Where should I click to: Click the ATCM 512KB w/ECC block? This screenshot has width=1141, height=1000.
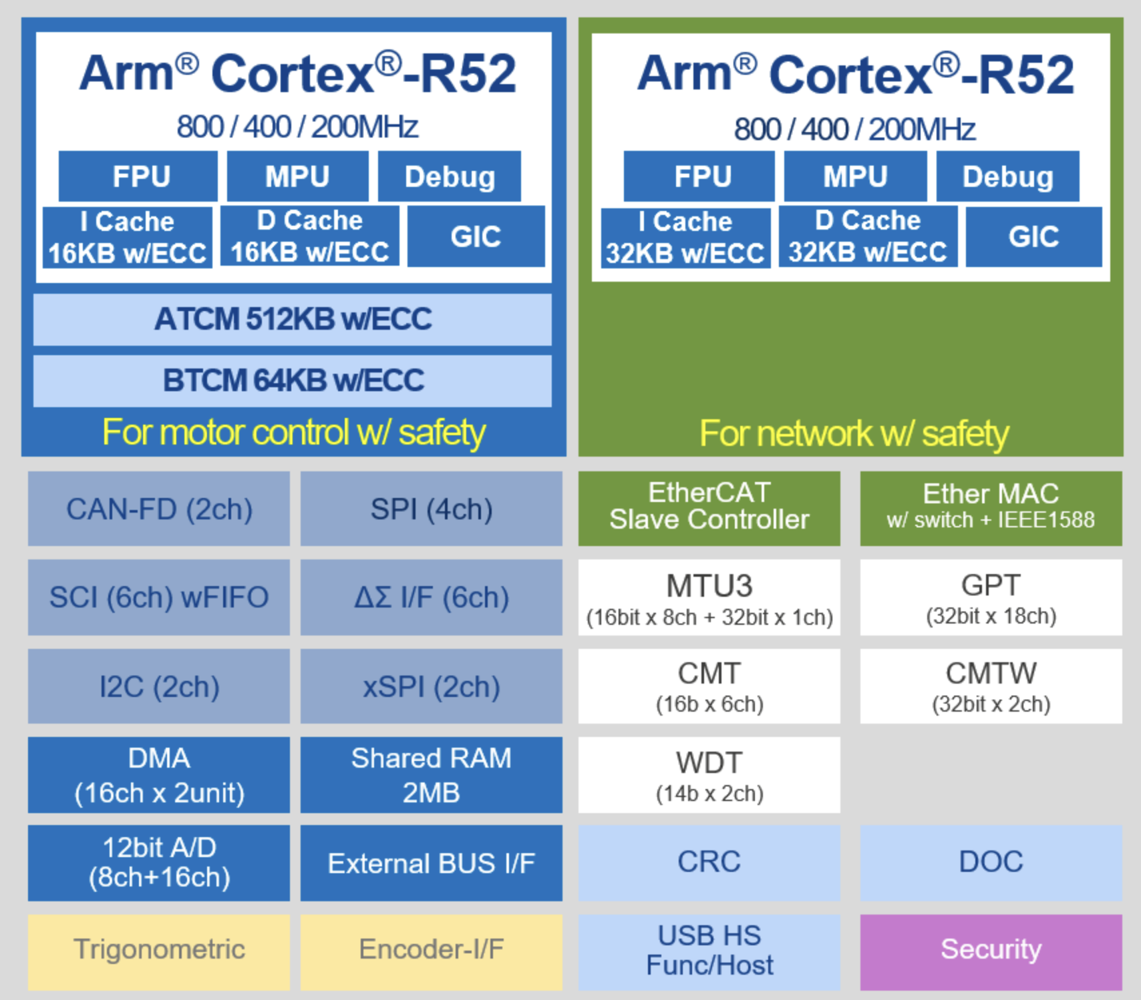(293, 319)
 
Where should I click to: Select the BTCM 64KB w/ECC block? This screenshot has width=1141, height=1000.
(293, 381)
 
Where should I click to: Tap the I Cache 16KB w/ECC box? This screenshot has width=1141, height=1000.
(128, 237)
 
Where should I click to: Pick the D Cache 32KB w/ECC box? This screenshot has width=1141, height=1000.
(868, 236)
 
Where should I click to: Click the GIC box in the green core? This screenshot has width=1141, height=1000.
(1034, 236)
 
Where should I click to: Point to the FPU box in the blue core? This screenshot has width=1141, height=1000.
(138, 176)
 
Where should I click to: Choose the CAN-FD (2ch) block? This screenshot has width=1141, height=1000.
(159, 509)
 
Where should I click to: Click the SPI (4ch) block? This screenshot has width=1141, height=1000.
(432, 509)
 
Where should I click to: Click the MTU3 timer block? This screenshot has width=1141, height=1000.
(709, 597)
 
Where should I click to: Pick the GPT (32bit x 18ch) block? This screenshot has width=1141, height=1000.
(991, 597)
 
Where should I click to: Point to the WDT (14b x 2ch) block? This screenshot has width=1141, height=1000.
(709, 775)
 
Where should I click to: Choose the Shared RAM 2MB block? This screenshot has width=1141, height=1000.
(432, 775)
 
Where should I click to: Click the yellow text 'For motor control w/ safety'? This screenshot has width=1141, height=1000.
(294, 432)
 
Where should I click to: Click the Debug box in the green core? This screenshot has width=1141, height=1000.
(1008, 176)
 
